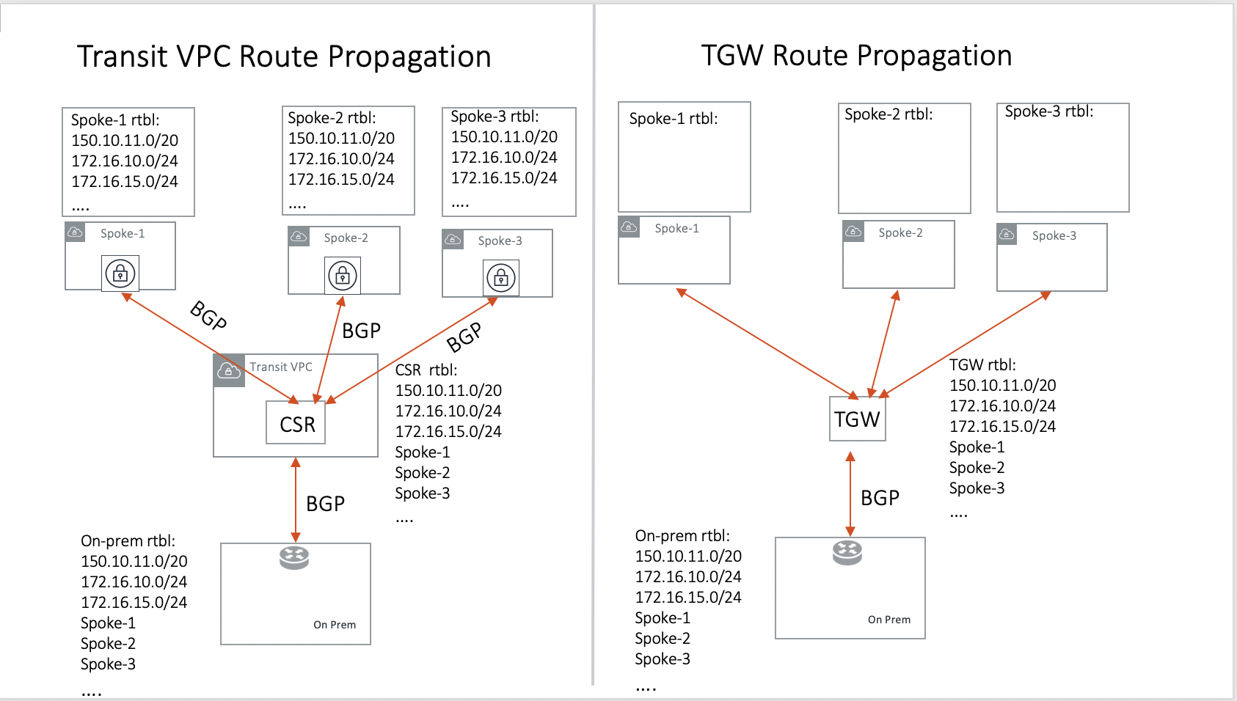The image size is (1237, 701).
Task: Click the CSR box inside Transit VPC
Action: (x=296, y=423)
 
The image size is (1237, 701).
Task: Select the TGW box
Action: (x=857, y=419)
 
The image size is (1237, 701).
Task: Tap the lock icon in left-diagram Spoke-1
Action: (x=120, y=274)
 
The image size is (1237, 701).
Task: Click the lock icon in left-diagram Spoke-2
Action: (x=342, y=276)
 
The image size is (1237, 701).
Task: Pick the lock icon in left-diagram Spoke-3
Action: (x=501, y=278)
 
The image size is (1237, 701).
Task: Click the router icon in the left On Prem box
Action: (x=294, y=558)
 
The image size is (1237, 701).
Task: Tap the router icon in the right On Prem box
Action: (x=847, y=552)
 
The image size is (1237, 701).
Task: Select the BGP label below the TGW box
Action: (x=880, y=498)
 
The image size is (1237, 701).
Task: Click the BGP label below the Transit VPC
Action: (x=325, y=504)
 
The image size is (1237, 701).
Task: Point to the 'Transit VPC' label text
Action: (x=280, y=367)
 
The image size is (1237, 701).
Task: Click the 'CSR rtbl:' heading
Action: (x=426, y=370)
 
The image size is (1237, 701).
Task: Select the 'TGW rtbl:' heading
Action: (x=982, y=365)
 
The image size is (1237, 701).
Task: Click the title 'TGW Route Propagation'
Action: (x=856, y=56)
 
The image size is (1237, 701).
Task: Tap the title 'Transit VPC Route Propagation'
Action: (x=284, y=56)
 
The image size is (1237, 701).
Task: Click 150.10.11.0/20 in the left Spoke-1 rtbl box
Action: (x=125, y=140)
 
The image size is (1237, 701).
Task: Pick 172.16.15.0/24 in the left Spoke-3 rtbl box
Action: (x=504, y=177)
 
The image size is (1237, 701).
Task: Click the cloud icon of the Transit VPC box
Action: (x=229, y=370)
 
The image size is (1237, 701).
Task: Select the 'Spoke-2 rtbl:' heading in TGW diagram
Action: (x=888, y=114)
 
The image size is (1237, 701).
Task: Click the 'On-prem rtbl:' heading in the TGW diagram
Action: (x=682, y=536)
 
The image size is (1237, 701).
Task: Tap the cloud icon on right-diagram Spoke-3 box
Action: (x=1007, y=235)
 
